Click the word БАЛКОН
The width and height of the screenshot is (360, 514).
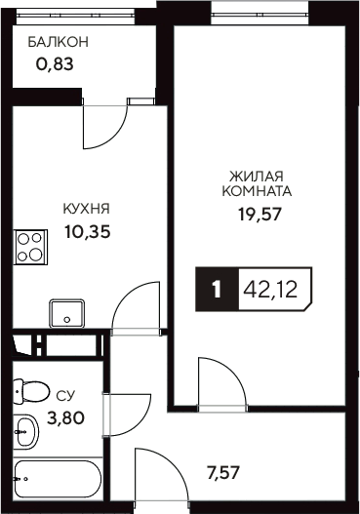pos(58,42)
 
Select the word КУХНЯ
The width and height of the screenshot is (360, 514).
pos(85,209)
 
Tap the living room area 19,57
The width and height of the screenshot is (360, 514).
pos(260,215)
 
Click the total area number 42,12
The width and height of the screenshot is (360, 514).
pos(278,289)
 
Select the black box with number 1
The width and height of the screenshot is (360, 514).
pos(217,289)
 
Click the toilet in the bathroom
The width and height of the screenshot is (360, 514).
pos(31,391)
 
